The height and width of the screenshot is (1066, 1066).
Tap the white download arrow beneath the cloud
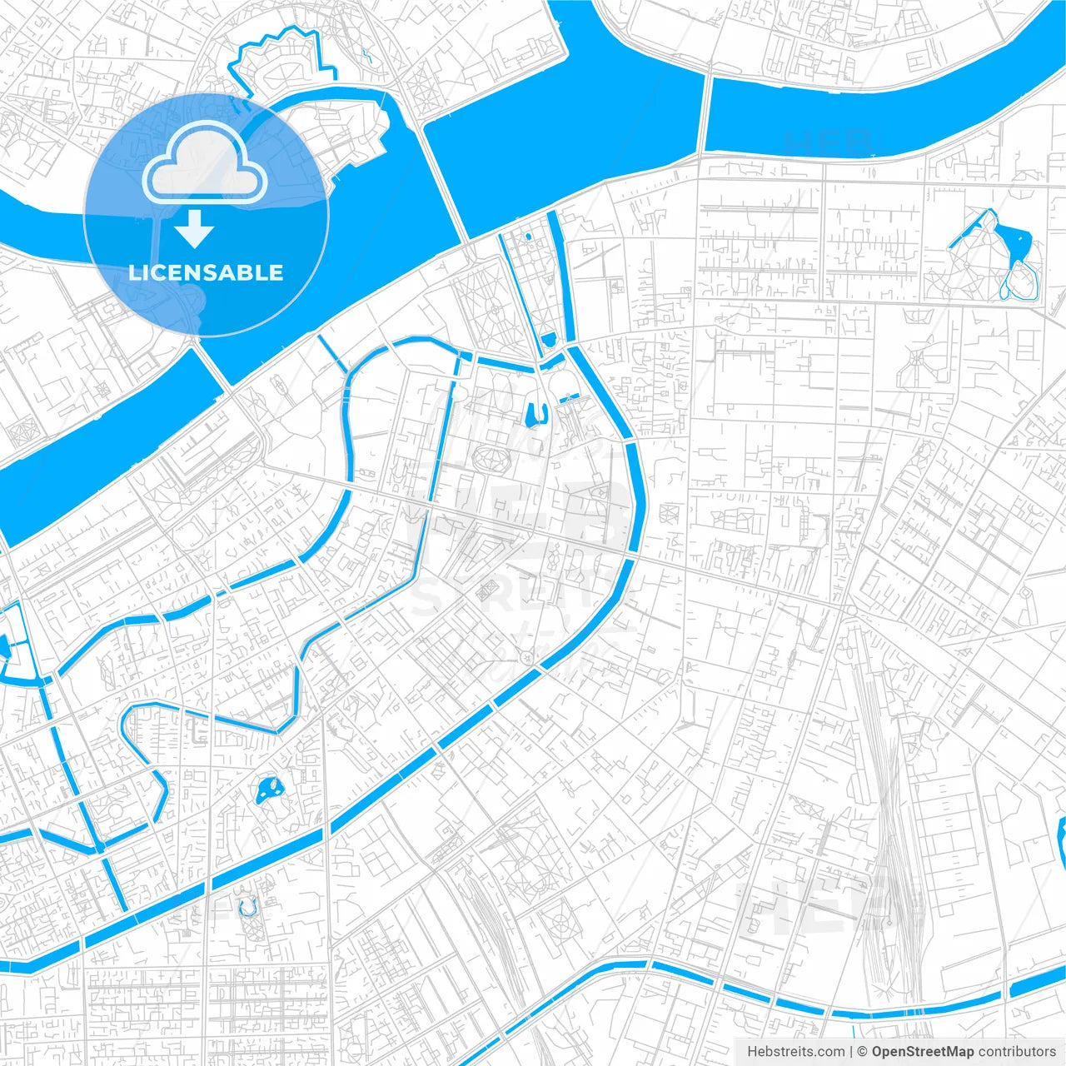click(x=195, y=229)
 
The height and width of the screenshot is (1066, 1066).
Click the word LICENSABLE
click(x=206, y=272)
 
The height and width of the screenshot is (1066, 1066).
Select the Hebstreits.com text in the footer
click(x=795, y=1052)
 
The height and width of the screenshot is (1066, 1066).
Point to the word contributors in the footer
click(x=1017, y=1052)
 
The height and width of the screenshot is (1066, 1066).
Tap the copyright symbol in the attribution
click(x=863, y=1052)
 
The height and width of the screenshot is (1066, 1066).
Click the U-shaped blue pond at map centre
click(x=535, y=413)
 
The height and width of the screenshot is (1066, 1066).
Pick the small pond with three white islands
click(x=267, y=790)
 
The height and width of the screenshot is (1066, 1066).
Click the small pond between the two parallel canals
click(x=549, y=340)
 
